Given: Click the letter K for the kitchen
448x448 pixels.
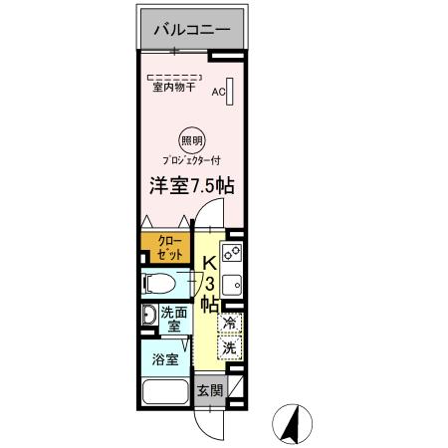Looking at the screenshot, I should coord(210,264).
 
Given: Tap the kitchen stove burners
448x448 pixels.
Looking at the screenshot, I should coord(231,253).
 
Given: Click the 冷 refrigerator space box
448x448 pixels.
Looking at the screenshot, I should coord(229,323).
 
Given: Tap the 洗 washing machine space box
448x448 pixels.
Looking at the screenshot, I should coord(229,348).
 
